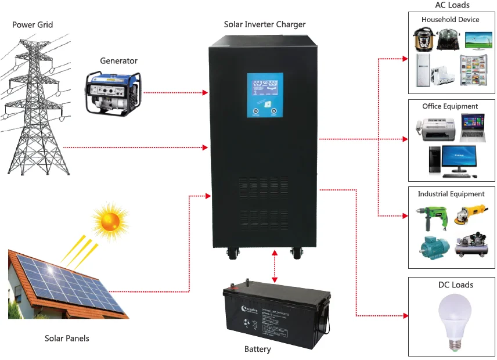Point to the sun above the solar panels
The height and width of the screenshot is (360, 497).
click(109, 221)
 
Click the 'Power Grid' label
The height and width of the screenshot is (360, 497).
click(33, 25)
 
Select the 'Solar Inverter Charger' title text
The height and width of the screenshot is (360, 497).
click(265, 24)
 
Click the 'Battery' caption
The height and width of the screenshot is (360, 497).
click(257, 349)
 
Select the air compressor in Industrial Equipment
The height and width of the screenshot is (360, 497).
click(471, 244)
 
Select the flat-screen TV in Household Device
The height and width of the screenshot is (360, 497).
click(479, 39)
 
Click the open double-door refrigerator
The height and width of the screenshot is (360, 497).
click(473, 70)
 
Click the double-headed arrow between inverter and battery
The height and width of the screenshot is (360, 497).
click(273, 266)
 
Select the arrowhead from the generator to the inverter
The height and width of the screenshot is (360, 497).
click(205, 92)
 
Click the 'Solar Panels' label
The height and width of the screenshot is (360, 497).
click(67, 338)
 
